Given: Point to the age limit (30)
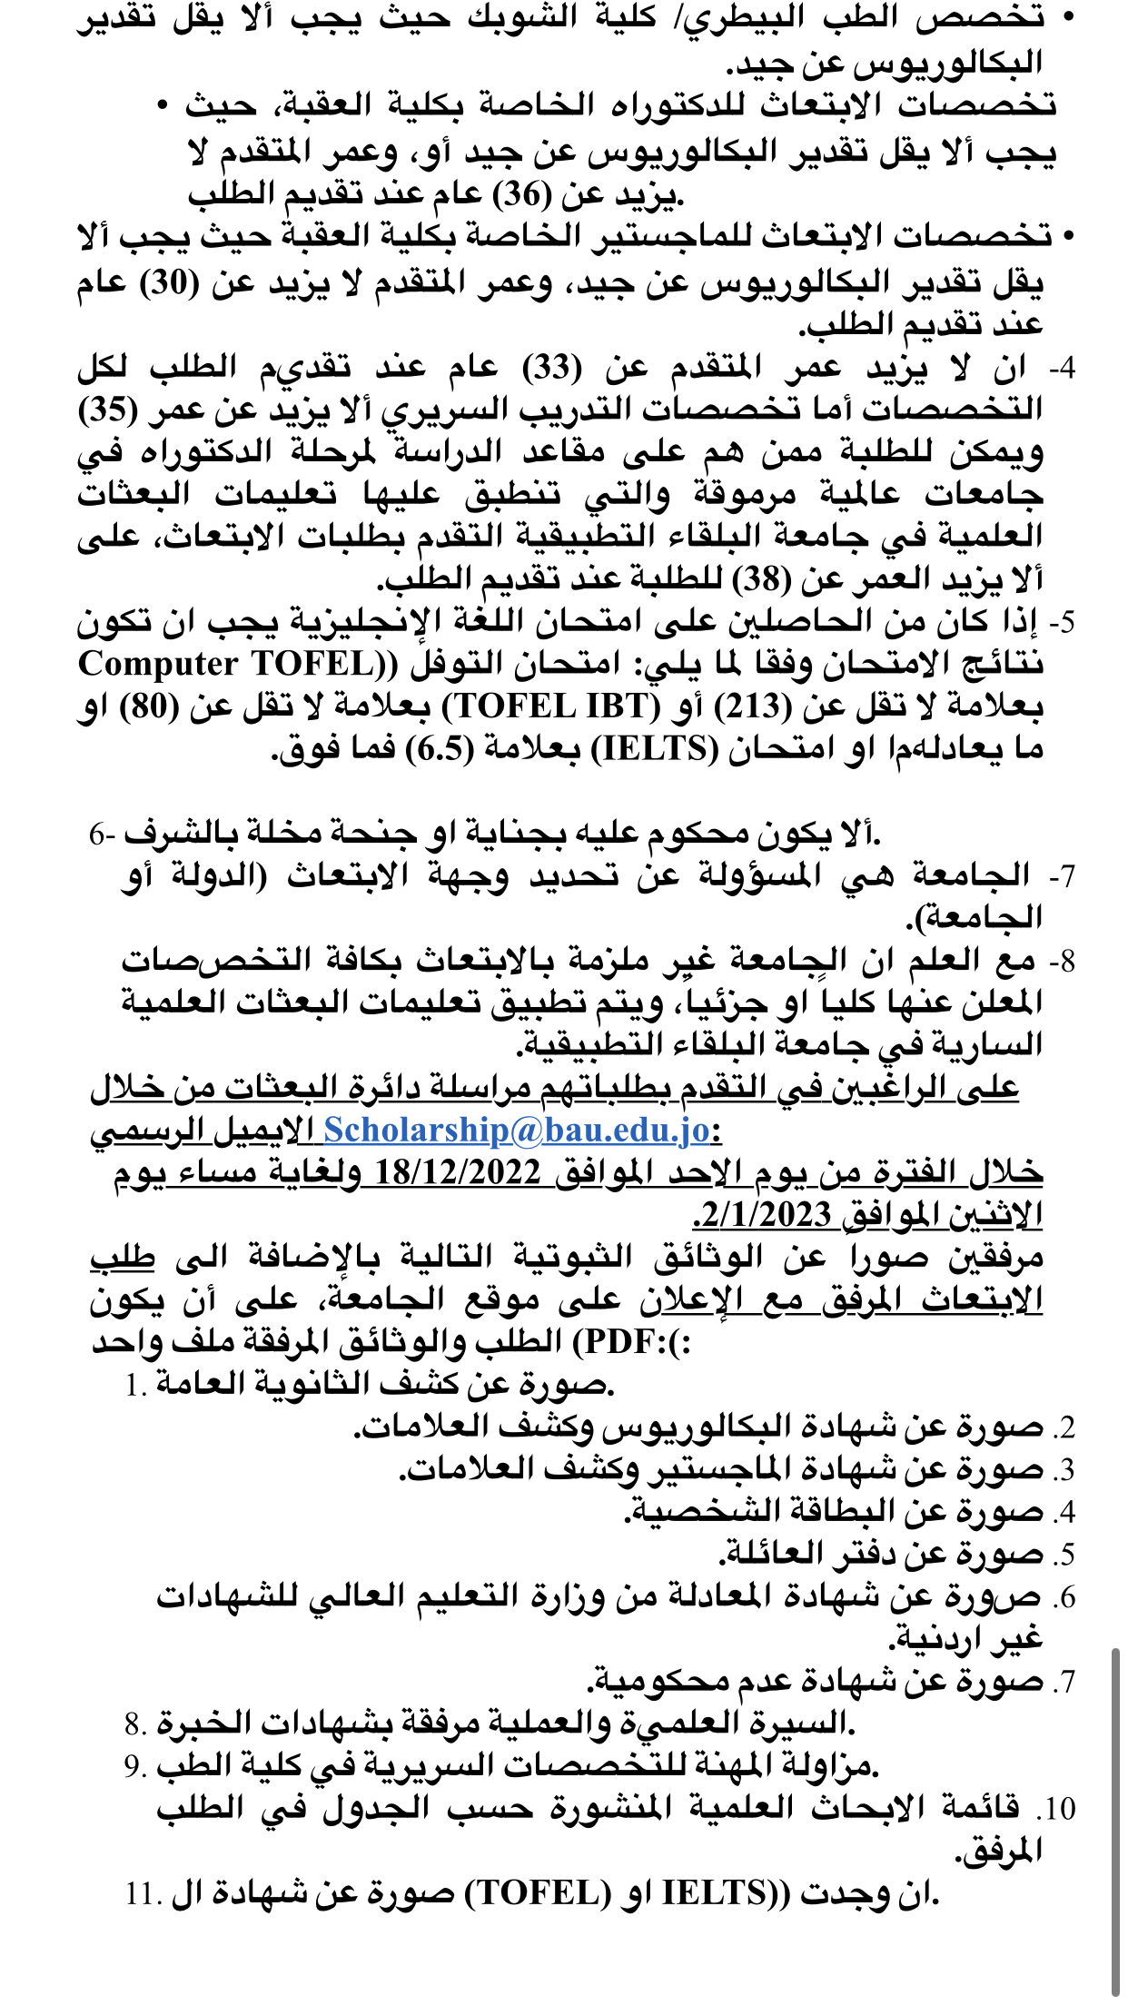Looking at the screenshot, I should pos(169,283).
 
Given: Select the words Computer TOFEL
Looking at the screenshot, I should pos(227,665).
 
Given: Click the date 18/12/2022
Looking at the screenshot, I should pos(458,1172).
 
